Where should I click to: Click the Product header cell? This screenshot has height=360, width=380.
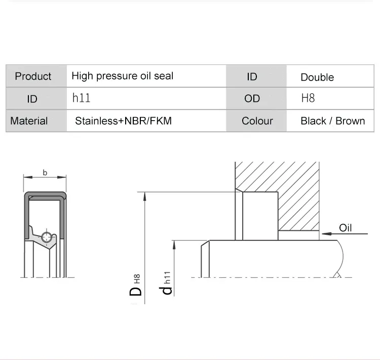point(33,76)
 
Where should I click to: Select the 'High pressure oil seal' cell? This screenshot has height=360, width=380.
point(122,76)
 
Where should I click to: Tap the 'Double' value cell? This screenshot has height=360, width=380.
point(317,77)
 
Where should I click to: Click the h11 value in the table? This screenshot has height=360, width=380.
point(81,98)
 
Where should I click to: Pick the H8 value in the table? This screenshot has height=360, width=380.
point(308,98)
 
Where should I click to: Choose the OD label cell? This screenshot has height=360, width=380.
point(252,98)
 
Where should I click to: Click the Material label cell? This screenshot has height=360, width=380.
point(29,121)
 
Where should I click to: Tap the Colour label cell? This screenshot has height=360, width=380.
point(257,121)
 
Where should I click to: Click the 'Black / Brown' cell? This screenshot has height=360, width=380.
point(332,121)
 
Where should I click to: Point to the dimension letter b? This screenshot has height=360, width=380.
point(45,173)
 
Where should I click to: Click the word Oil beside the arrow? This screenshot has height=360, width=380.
point(346,228)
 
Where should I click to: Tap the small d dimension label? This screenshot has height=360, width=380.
point(165,291)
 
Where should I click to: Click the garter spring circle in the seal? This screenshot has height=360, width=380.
point(47,237)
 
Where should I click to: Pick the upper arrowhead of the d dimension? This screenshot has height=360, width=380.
point(174,244)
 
